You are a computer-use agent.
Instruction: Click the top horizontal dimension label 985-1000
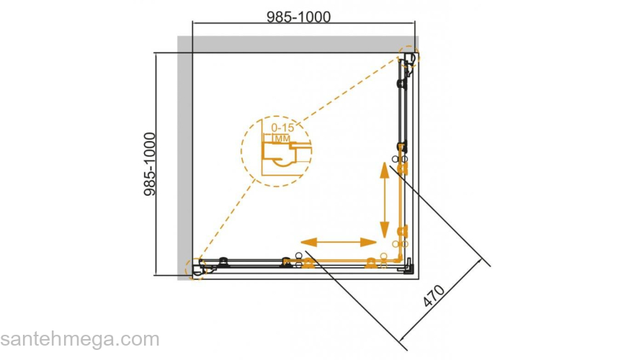click(298, 17)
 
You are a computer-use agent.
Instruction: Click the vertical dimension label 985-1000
click(150, 164)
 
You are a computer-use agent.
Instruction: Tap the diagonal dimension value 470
click(434, 296)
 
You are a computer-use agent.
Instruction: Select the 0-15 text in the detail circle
click(282, 127)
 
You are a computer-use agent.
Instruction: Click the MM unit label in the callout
click(282, 138)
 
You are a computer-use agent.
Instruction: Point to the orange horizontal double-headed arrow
click(339, 242)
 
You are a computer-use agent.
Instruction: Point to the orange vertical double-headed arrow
click(385, 200)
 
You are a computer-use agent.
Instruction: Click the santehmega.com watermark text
click(80, 339)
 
